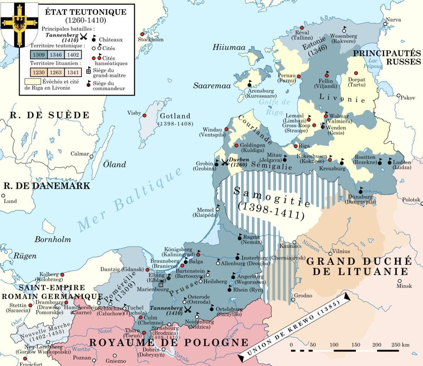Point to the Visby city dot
(x=145, y=115)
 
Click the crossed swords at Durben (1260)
(x=225, y=163)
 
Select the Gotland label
(x=175, y=116)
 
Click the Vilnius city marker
(x=330, y=253)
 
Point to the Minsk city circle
(x=399, y=281)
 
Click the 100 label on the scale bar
(x=334, y=344)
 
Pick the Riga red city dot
(x=295, y=146)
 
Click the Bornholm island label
(x=53, y=239)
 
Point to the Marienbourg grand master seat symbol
(x=161, y=284)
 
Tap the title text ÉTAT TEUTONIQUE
(x=86, y=12)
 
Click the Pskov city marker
(x=398, y=96)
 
